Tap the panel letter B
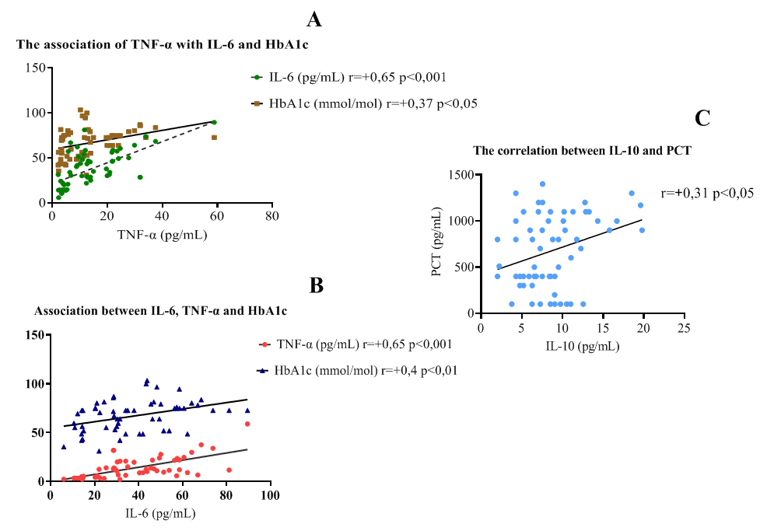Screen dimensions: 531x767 (x=317, y=285)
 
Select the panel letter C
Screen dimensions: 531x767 (x=703, y=117)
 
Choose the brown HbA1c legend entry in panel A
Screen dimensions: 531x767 (x=362, y=103)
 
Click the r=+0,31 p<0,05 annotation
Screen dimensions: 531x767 (x=708, y=192)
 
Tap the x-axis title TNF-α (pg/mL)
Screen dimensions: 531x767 (x=160, y=233)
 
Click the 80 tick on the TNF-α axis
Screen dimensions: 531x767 (x=271, y=217)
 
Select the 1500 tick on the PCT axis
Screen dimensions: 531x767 (x=461, y=176)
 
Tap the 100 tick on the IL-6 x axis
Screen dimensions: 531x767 (x=271, y=495)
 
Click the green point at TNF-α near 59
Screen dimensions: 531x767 (x=214, y=122)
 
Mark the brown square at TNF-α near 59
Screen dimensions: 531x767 (x=214, y=138)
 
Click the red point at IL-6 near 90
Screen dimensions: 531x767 (x=247, y=424)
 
